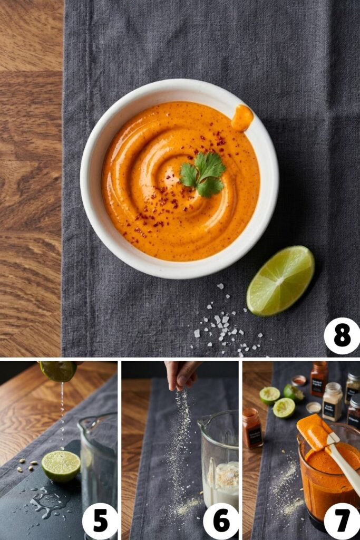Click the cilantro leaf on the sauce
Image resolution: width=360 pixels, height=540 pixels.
point(203,175)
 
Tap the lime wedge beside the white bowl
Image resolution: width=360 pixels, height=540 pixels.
point(280,281)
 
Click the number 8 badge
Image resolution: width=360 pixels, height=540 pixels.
point(342,336)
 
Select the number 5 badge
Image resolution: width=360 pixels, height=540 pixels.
point(100,520)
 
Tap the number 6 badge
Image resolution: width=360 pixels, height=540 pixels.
point(221,520)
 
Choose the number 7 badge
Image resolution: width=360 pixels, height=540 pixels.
point(342,520)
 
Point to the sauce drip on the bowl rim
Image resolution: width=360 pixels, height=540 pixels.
point(242,118)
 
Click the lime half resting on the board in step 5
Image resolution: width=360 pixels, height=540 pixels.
point(61,466)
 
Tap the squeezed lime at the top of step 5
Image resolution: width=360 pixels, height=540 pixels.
point(58,371)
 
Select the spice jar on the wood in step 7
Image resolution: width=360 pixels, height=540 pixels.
point(252,428)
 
